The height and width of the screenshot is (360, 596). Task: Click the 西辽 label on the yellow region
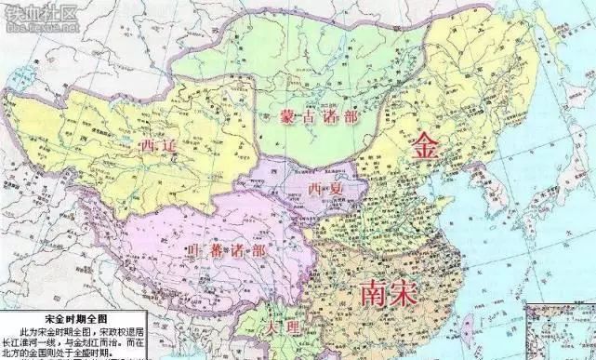click(156, 145)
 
